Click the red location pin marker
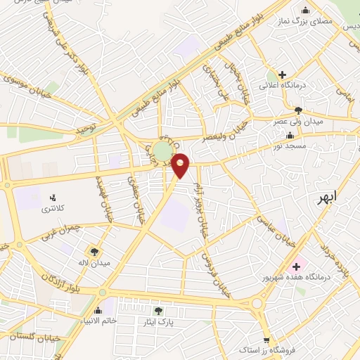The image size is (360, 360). click(x=181, y=165)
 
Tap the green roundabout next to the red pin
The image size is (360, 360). click(x=162, y=151)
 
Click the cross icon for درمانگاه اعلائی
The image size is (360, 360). click(x=282, y=75)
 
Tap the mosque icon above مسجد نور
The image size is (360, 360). click(x=290, y=136)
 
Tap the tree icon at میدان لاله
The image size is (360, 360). click(x=93, y=251)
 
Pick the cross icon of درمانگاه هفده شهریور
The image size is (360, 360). click(x=295, y=266)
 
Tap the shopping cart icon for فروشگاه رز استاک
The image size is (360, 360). click(x=266, y=339)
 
